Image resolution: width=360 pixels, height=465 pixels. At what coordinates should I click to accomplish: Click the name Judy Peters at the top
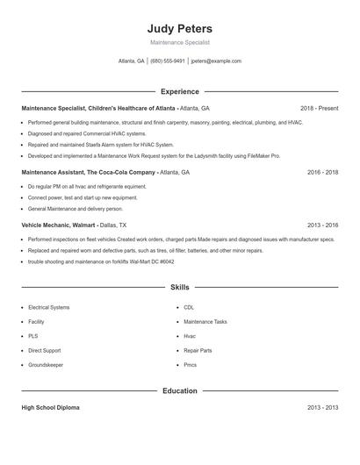180,28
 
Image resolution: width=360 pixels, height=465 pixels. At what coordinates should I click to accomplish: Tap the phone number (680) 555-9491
167,61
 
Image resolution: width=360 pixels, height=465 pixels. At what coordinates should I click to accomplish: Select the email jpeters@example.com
216,61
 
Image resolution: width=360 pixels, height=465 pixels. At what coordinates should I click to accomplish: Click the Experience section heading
180,91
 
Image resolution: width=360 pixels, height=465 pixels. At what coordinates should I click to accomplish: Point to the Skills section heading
180,287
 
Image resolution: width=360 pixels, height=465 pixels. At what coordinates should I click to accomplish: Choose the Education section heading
180,390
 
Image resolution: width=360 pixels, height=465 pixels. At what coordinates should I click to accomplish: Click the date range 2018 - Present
319,108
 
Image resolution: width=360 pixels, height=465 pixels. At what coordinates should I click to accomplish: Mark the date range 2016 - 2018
322,173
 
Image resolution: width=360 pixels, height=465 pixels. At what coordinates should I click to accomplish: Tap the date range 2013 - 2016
322,225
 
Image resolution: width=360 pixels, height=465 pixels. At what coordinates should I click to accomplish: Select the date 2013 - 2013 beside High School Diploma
322,408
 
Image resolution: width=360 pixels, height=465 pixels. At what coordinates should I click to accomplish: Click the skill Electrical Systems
48,308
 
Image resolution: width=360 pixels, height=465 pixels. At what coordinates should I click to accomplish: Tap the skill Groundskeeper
45,364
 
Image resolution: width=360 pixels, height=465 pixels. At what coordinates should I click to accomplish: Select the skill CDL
189,308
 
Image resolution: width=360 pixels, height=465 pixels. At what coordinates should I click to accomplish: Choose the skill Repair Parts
198,350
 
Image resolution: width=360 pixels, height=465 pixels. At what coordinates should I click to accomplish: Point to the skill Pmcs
190,364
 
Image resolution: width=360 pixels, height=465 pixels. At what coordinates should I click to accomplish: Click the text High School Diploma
51,408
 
